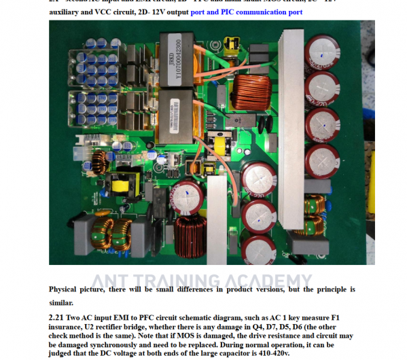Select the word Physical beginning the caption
[67, 290]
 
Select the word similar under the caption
[60, 303]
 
